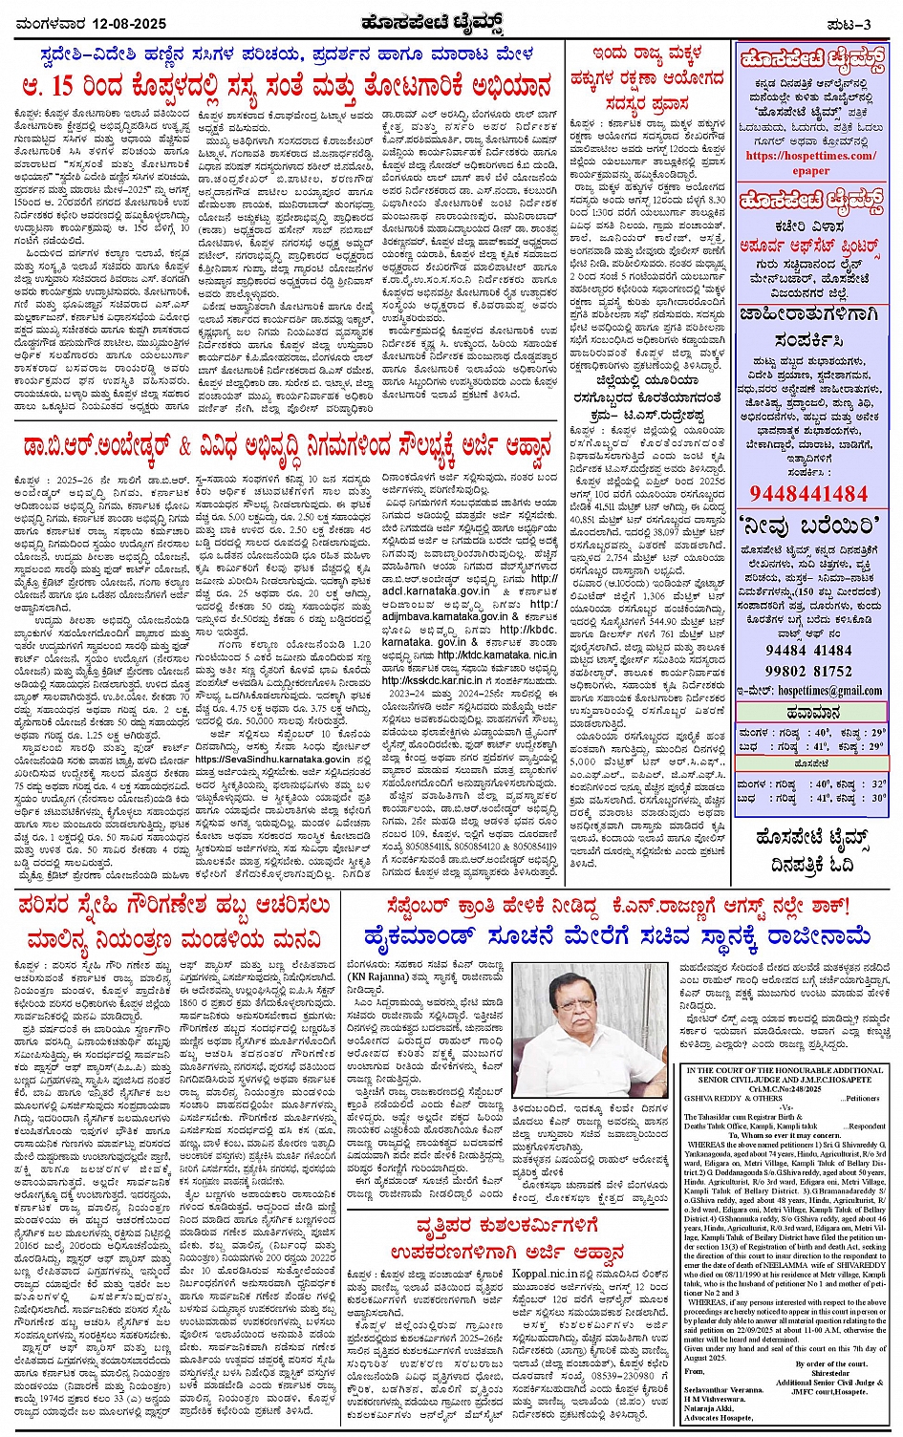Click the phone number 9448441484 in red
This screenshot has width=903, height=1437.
point(809,493)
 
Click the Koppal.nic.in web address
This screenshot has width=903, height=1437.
point(546,1274)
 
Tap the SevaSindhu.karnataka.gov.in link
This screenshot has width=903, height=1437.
point(272,758)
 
